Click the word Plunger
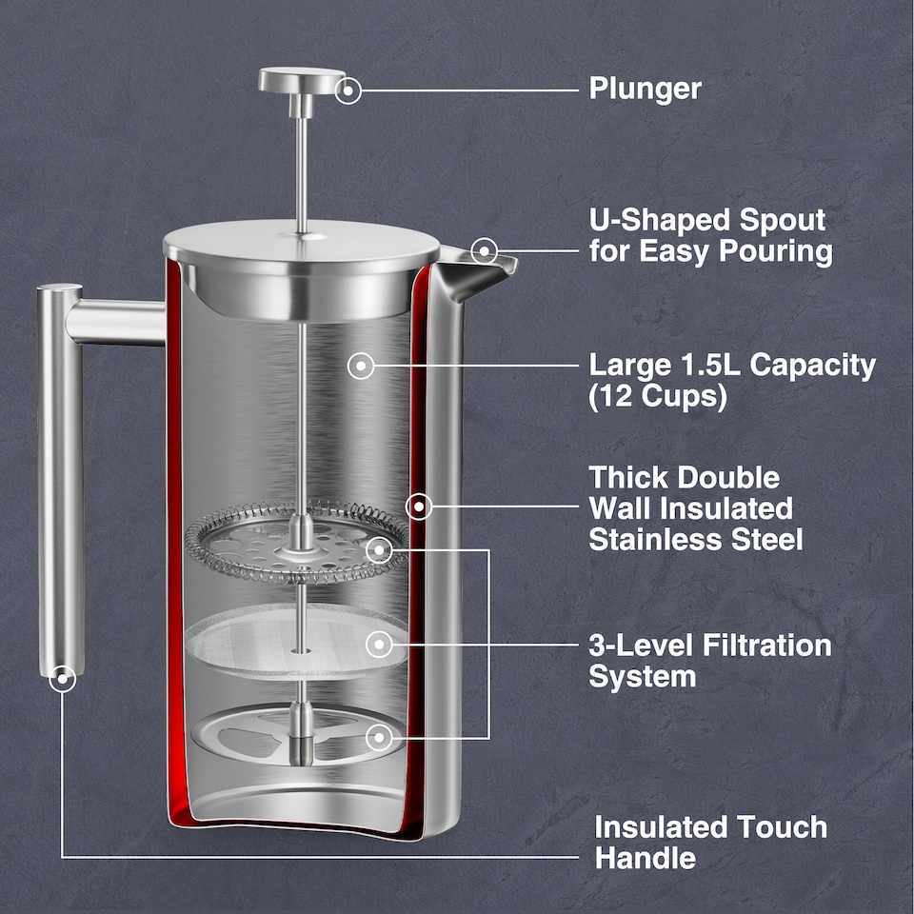[645, 89]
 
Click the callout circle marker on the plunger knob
[348, 90]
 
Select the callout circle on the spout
[485, 250]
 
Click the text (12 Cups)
[657, 397]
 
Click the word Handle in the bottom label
[645, 858]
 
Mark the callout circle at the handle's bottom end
[63, 679]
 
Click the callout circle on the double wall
[419, 506]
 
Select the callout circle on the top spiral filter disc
[380, 549]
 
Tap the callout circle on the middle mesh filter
[380, 645]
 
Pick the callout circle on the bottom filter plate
[380, 737]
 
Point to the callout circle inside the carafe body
[361, 365]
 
